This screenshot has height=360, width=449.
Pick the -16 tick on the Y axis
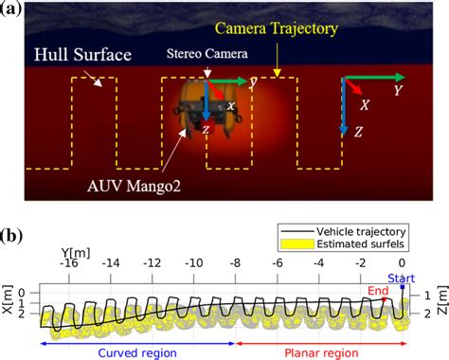point(68,263)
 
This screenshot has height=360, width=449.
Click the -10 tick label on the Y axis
point(193,263)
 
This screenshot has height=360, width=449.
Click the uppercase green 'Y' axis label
point(400,92)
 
